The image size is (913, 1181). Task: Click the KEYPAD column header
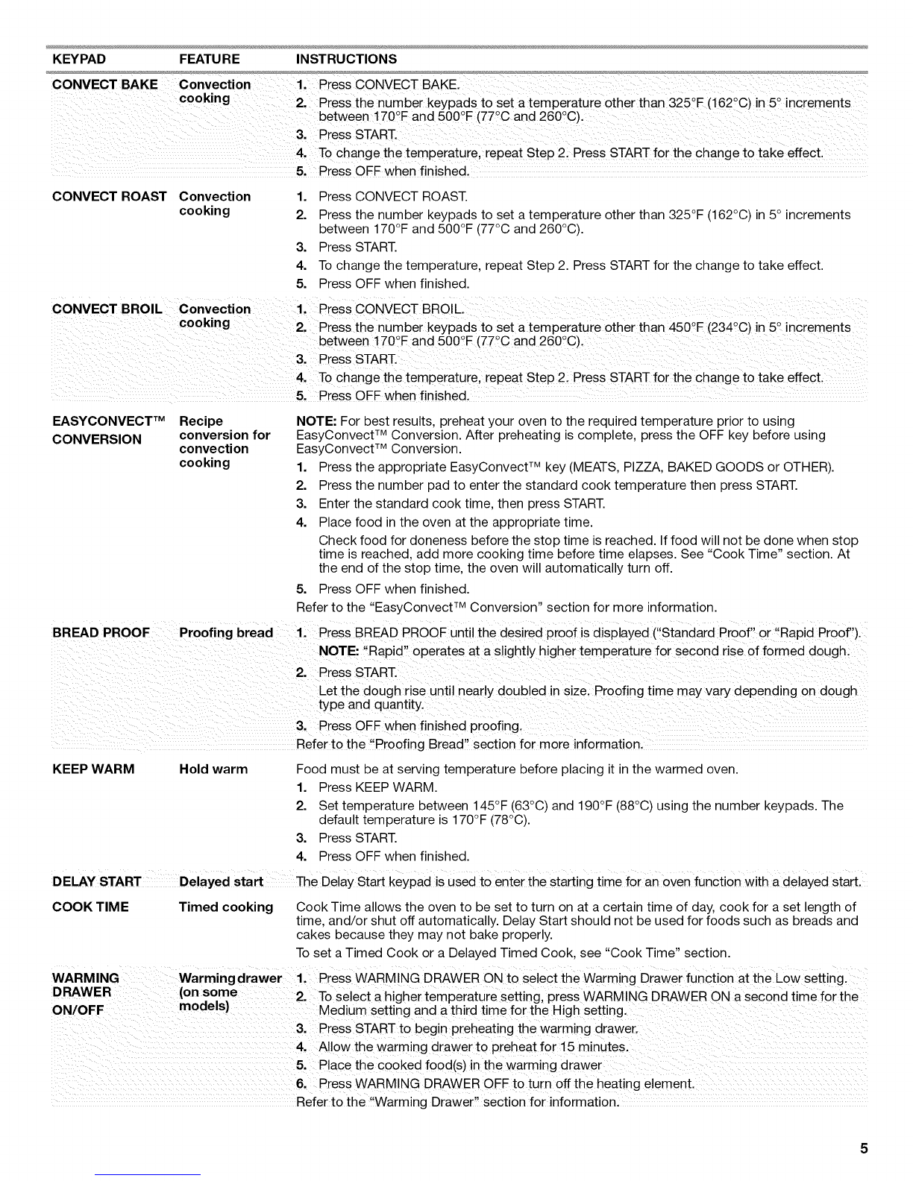coord(79,59)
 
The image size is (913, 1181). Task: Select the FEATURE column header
coord(210,59)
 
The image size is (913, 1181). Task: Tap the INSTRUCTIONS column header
coord(346,59)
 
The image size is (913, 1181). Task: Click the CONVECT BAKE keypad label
coord(105,84)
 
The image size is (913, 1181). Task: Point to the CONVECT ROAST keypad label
coord(110,197)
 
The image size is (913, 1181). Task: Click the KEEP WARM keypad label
coord(93,769)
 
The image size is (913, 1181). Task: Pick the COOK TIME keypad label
coord(90,907)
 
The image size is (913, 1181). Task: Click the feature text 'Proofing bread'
coord(226,633)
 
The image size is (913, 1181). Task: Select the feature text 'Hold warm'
coord(213,769)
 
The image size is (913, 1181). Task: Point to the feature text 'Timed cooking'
coord(226,907)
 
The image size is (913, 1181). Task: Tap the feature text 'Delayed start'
coord(222,883)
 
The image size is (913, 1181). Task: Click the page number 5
coord(863,1148)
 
